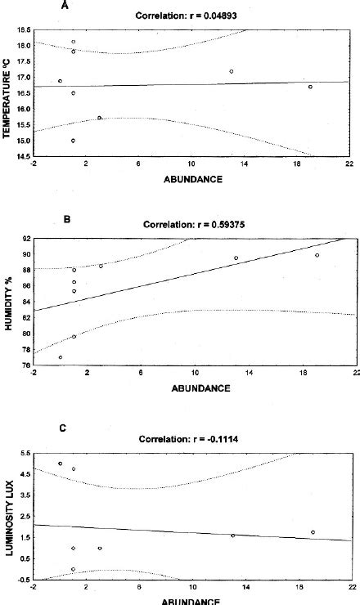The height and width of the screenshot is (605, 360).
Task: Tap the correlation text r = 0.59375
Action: point(188,223)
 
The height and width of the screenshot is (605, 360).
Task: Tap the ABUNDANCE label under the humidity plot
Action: point(197,388)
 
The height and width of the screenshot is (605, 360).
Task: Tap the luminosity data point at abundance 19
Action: point(313,532)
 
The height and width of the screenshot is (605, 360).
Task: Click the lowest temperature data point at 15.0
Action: point(73,141)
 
